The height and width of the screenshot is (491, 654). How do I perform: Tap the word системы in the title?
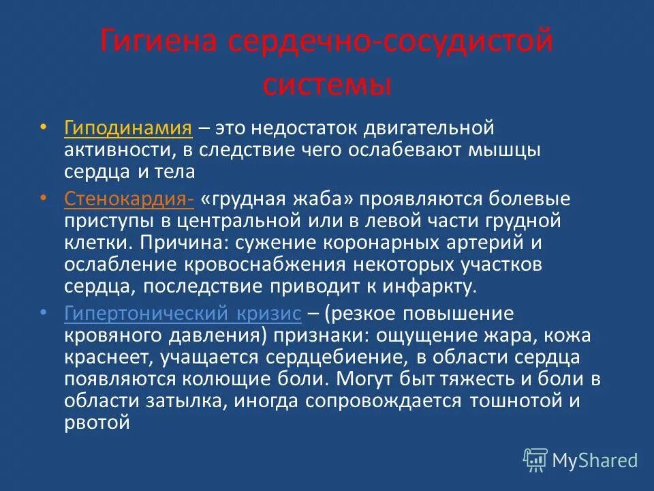coord(327,86)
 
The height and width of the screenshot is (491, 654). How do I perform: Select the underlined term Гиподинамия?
coord(127,128)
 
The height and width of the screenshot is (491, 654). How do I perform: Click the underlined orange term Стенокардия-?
coord(129,198)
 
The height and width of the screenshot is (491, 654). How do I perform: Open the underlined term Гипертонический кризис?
coord(183,313)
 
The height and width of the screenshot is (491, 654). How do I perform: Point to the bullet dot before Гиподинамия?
coord(44,128)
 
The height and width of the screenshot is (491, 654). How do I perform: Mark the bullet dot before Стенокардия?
coord(44,198)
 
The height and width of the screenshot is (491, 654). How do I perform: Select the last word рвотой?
coord(97,423)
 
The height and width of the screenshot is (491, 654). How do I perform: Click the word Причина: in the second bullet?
coord(181,243)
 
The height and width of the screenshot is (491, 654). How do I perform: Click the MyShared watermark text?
coord(595,460)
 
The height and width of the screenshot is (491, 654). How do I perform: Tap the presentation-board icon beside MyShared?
coord(535,460)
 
